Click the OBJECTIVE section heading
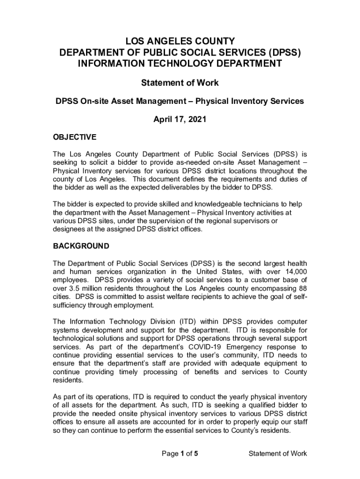click(74, 137)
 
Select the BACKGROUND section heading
click(81, 246)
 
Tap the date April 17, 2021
click(180, 119)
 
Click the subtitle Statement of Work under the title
click(180, 83)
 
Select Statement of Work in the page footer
click(278, 453)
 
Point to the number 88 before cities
click(302, 289)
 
